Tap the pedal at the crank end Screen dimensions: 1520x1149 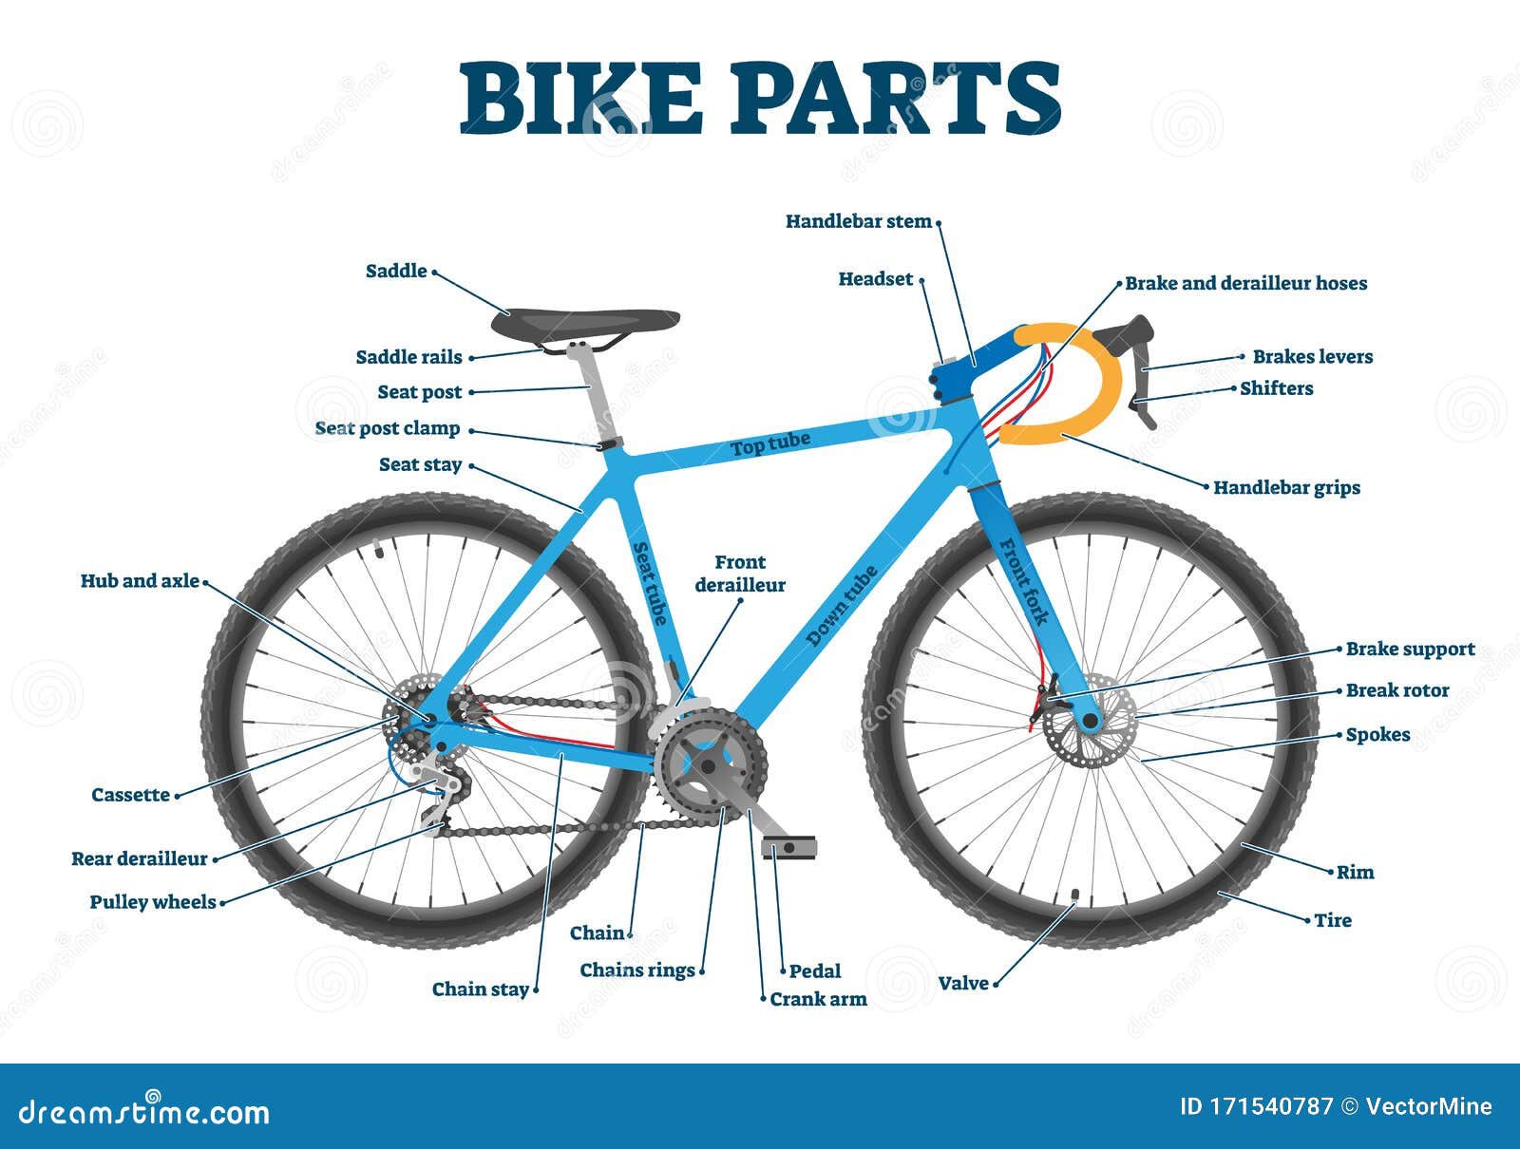point(788,847)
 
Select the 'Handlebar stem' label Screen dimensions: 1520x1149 point(859,221)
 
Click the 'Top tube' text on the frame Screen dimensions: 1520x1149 point(770,443)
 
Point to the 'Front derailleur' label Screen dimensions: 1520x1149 point(740,574)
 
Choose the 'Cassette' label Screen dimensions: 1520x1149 point(130,795)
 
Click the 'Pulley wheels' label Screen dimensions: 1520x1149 point(153,902)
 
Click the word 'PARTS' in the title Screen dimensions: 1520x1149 point(896,98)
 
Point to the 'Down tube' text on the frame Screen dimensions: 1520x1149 point(842,606)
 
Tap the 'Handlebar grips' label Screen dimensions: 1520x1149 point(1286,488)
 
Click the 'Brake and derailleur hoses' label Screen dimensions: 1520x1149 point(1245,283)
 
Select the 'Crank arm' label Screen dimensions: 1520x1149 point(819,1000)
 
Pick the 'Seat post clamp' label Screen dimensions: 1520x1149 point(387,428)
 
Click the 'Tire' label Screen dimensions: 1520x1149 point(1333,920)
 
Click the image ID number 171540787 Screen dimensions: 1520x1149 point(1270,1106)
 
